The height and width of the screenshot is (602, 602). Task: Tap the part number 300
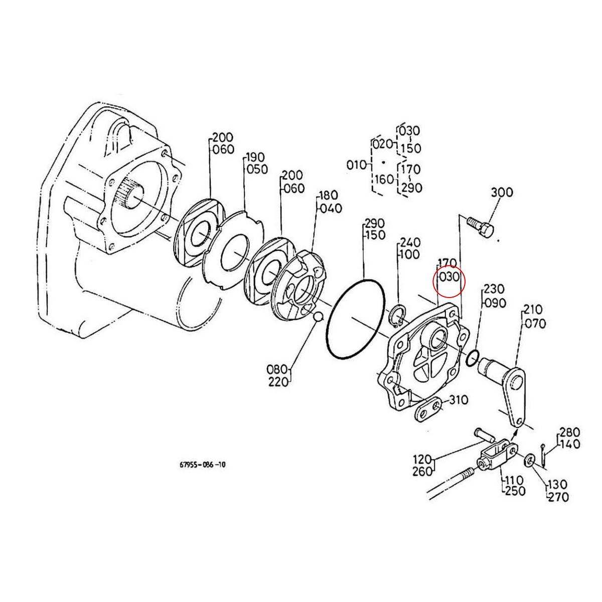[501, 192]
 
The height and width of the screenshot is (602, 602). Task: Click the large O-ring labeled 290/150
[355, 317]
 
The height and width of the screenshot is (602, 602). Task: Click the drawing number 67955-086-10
[203, 465]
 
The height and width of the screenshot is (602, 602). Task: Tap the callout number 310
[459, 400]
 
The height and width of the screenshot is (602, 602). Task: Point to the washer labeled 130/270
[530, 460]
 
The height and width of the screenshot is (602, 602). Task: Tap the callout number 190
[256, 158]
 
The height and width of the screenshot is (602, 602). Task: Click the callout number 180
[329, 195]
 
